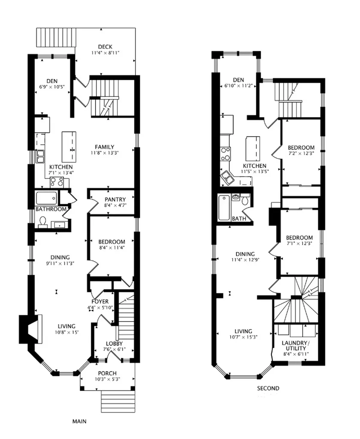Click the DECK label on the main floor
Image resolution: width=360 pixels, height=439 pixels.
tap(105, 47)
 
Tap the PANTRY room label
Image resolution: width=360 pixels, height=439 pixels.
tap(115, 199)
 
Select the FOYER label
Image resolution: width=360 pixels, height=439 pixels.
tap(100, 301)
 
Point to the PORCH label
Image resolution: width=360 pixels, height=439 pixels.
tap(107, 373)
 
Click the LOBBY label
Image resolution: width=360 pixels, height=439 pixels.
tap(114, 343)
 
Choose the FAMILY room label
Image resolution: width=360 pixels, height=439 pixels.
tap(105, 147)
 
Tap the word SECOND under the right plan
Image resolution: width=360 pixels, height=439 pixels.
tap(268, 388)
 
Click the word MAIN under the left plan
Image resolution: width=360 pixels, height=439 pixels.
tap(80, 421)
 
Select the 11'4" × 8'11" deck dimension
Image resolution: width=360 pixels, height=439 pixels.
tap(105, 53)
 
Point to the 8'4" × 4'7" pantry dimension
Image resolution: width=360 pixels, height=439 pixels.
tap(115, 205)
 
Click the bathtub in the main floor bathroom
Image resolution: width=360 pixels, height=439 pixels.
tap(46, 198)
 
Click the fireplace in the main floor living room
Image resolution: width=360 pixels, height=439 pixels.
tap(31, 329)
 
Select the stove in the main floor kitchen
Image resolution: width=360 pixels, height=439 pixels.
tap(57, 183)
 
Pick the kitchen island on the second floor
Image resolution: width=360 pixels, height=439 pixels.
tap(253, 148)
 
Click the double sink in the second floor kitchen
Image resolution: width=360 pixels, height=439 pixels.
tap(227, 178)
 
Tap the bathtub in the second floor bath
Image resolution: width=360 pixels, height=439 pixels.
tap(224, 207)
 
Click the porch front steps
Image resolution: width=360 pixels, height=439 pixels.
tap(118, 402)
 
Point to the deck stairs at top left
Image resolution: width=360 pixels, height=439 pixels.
tap(56, 37)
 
